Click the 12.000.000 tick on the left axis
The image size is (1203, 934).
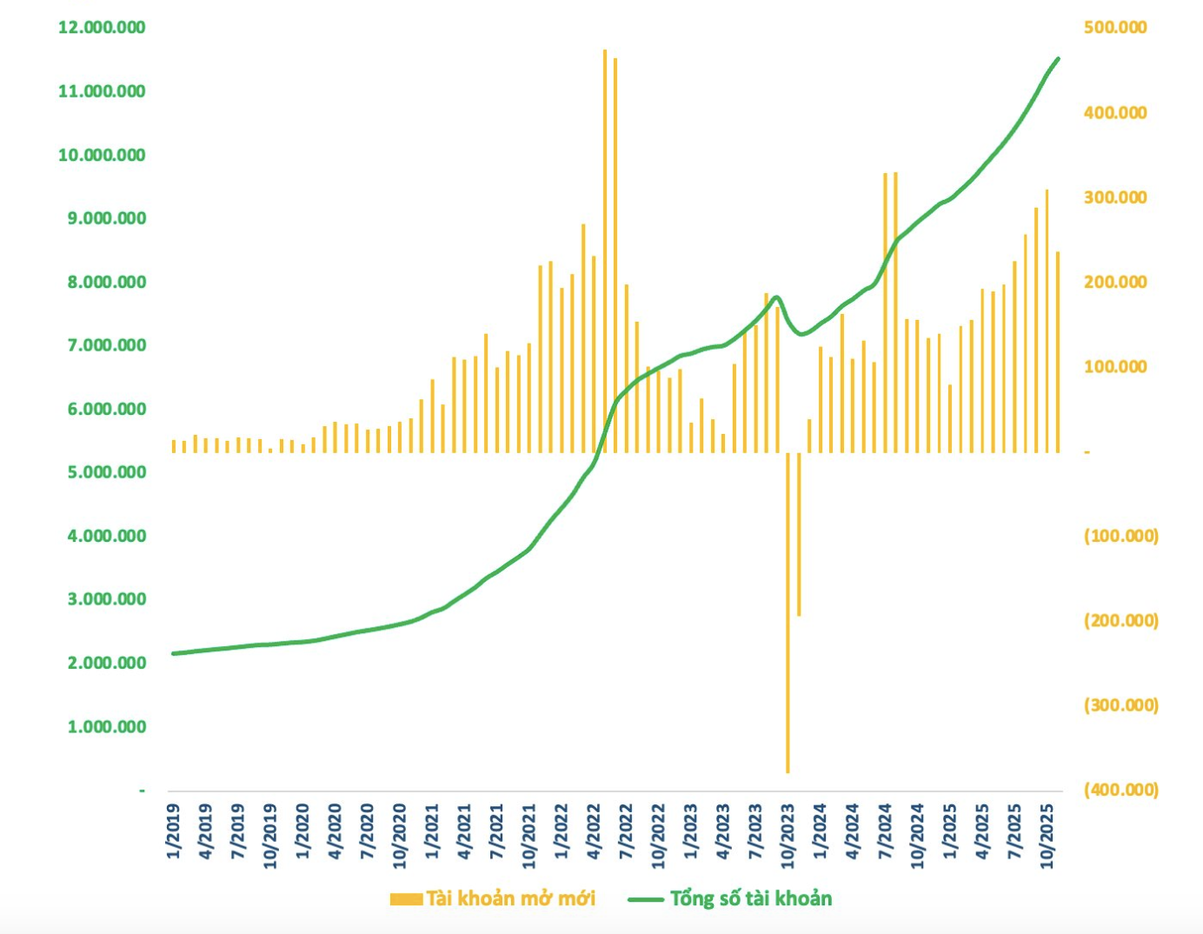[x=102, y=28]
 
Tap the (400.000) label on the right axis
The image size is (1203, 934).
[x=1120, y=790]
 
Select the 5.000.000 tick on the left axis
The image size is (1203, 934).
[x=106, y=472]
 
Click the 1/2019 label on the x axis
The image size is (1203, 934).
[x=174, y=832]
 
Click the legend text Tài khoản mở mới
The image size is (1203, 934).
[x=510, y=898]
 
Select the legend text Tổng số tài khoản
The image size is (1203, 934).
[x=751, y=898]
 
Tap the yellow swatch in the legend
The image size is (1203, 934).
[x=406, y=899]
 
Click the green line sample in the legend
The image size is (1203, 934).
[x=645, y=899]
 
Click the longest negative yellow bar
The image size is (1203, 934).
[x=788, y=612]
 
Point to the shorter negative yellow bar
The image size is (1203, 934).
[x=799, y=534]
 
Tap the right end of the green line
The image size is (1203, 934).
[x=1058, y=59]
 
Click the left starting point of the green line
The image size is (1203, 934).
[x=174, y=653]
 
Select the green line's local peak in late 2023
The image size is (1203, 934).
[x=776, y=297]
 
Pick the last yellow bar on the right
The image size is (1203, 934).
[x=1058, y=351]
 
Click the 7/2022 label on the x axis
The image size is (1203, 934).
[x=626, y=832]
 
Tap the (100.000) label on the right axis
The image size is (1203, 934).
[x=1120, y=536]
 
